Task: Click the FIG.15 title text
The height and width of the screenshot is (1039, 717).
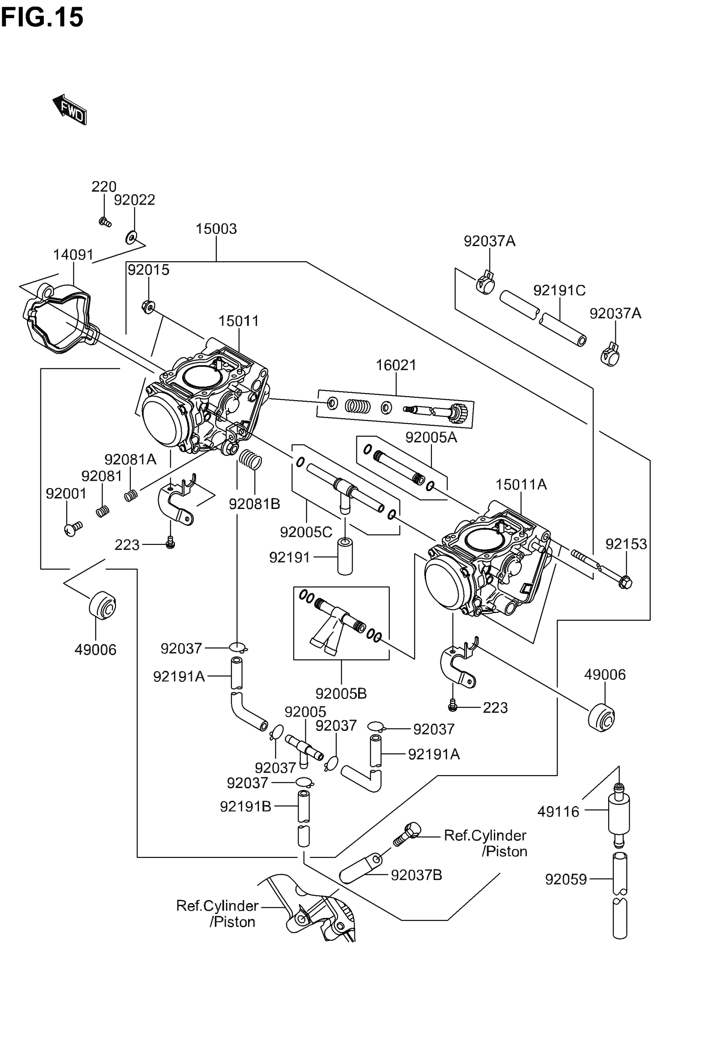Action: (42, 18)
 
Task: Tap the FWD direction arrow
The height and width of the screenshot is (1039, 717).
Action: (70, 109)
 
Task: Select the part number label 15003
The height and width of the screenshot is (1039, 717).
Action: (216, 229)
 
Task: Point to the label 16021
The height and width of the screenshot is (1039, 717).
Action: (396, 365)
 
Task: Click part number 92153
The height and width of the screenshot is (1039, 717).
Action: (626, 544)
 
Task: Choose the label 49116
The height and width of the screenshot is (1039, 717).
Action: (558, 812)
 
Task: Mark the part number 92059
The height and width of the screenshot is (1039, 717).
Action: (566, 879)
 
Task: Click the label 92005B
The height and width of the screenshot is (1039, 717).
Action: (341, 693)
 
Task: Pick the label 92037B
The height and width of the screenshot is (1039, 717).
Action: (416, 875)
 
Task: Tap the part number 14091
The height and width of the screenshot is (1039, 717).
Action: (73, 255)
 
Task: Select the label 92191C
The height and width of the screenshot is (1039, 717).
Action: (559, 290)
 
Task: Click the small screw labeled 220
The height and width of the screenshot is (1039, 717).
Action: (105, 222)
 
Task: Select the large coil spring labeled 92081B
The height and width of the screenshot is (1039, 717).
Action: (250, 459)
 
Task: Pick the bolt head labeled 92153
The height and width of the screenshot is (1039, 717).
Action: (625, 583)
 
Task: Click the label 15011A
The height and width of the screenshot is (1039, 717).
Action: (521, 484)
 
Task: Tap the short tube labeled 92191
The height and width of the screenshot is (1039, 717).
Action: (345, 557)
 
